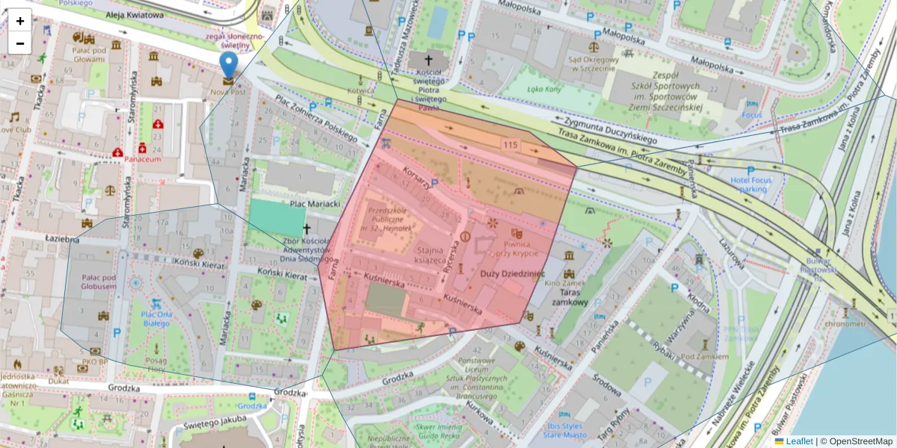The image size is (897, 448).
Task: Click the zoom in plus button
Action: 20,21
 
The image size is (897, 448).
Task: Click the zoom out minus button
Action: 20,43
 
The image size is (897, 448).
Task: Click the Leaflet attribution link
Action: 799,441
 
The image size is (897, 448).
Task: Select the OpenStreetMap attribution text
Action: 861,441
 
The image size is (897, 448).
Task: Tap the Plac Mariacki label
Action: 315,204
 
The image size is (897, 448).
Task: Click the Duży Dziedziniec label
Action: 512,274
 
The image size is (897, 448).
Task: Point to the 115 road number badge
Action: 511,144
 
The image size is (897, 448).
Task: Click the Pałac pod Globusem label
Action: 99,281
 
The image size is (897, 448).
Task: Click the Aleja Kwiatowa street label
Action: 134,15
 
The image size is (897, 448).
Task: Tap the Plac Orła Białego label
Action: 156,319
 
